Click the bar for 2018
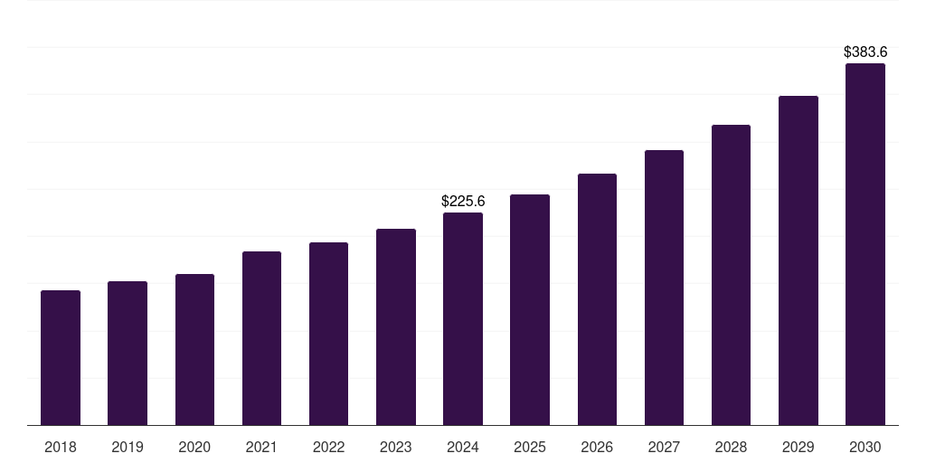[x=61, y=357]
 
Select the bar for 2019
[x=128, y=353]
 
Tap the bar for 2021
[x=261, y=338]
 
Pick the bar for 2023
[x=396, y=326]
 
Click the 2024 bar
[x=463, y=318]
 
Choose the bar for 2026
[x=597, y=299]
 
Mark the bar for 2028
[x=731, y=275]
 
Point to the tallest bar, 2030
[x=865, y=244]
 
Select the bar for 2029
[x=798, y=260]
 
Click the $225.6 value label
[x=463, y=201]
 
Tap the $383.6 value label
[x=865, y=52]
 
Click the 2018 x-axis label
[x=61, y=447]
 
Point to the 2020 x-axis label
[x=194, y=447]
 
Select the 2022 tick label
[x=328, y=447]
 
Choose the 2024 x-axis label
[x=463, y=447]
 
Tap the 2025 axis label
[x=530, y=447]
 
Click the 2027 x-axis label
[x=664, y=447]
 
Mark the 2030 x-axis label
[x=865, y=447]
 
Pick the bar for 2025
[x=530, y=309]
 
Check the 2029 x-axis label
[x=798, y=447]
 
